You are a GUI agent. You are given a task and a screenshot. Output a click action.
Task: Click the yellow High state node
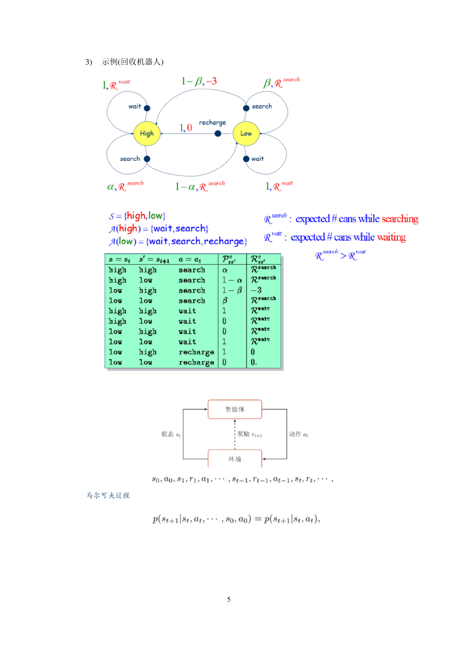pos(147,134)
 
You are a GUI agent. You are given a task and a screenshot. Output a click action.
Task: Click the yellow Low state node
pos(246,134)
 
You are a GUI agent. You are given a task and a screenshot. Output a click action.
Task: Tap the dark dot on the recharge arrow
pos(218,134)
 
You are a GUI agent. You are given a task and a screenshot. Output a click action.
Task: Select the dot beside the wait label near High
pos(147,108)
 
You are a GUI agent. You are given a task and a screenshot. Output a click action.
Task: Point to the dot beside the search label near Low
pos(246,108)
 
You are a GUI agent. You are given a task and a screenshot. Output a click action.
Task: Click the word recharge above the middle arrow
pos(212,123)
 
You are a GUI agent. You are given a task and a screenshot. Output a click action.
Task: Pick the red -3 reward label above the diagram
pos(212,81)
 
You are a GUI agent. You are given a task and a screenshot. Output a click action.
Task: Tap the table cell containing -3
pos(256,290)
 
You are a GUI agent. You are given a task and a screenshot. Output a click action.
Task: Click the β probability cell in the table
pos(225,301)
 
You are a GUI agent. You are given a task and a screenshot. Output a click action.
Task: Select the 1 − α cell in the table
pos(232,280)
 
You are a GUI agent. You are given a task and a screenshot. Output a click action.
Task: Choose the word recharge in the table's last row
pos(197,362)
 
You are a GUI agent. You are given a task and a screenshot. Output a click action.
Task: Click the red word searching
pos(400,219)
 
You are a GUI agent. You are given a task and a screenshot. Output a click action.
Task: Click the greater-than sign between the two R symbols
pos(343,256)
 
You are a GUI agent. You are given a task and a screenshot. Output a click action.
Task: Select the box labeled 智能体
pos(235,409)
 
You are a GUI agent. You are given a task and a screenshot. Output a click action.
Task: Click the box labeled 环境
pos(235,459)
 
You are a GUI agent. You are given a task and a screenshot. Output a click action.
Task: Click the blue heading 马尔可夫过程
pos(108,495)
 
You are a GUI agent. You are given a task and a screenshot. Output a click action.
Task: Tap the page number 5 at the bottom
pos(229,600)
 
